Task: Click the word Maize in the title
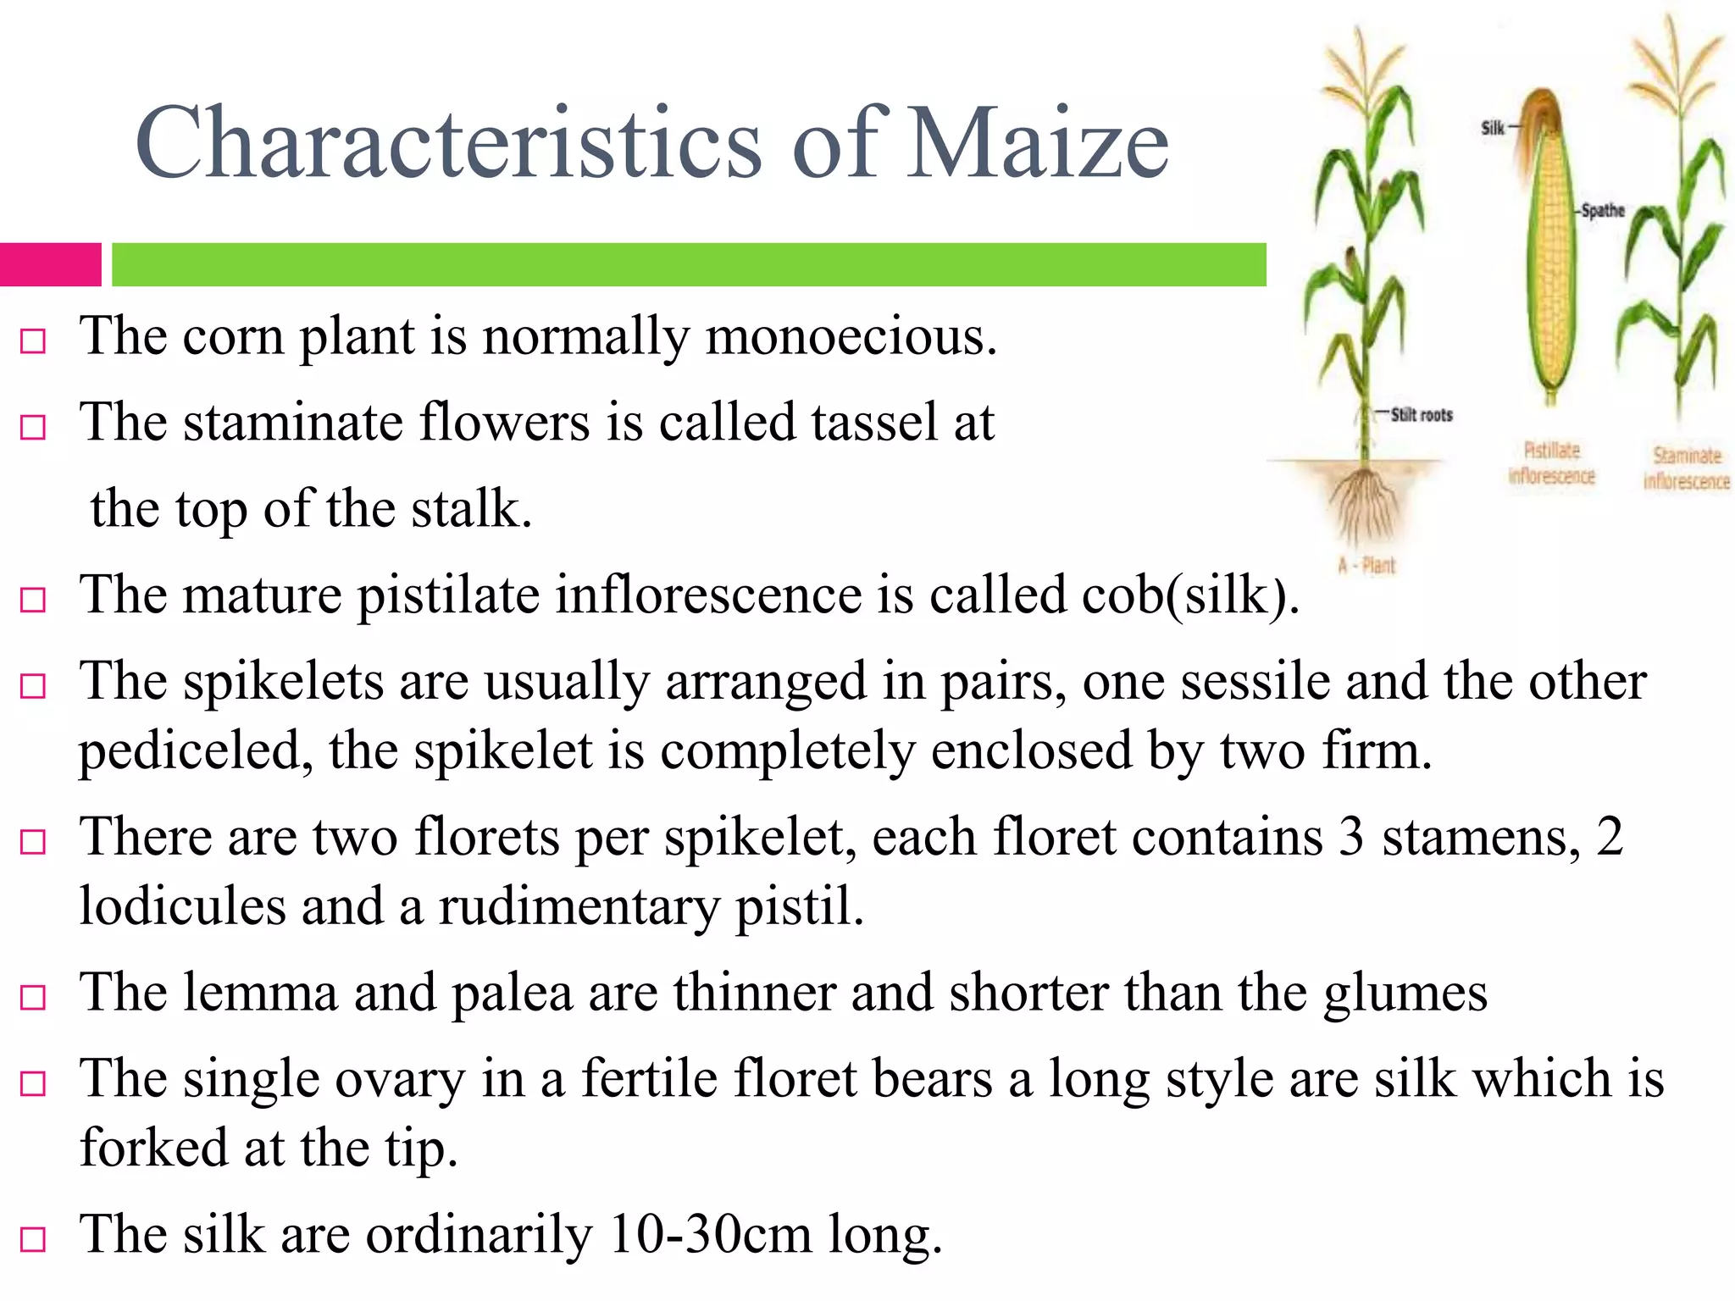point(1037,142)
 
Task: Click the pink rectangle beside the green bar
point(50,264)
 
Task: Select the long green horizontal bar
point(689,264)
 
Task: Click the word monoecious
point(851,337)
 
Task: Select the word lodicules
point(182,905)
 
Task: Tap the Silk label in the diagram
point(1492,128)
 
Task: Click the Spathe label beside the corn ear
point(1603,210)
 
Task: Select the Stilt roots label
point(1422,415)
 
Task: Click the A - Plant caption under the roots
point(1366,566)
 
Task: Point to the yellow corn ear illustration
point(1552,254)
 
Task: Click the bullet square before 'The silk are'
point(33,1239)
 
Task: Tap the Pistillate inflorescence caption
point(1551,463)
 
